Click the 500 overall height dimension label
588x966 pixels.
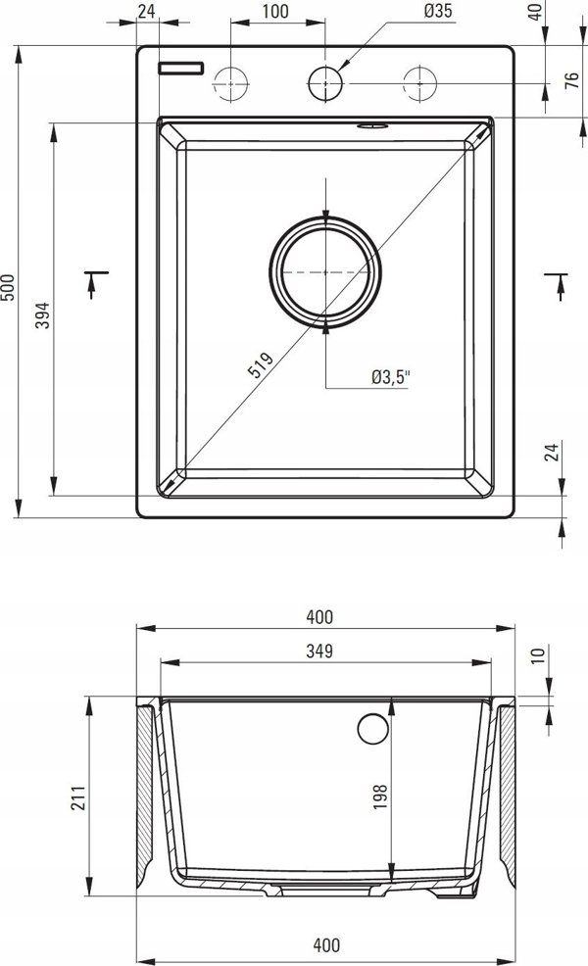pos(8,287)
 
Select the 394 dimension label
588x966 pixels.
pos(42,314)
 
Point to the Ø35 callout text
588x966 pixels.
pos(438,11)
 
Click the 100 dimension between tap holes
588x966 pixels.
pos(275,11)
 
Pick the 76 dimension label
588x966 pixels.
pos(572,80)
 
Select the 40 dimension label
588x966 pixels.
pos(536,11)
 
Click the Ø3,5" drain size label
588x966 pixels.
pos(390,377)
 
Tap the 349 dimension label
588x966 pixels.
pos(319,651)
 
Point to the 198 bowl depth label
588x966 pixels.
pos(380,796)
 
